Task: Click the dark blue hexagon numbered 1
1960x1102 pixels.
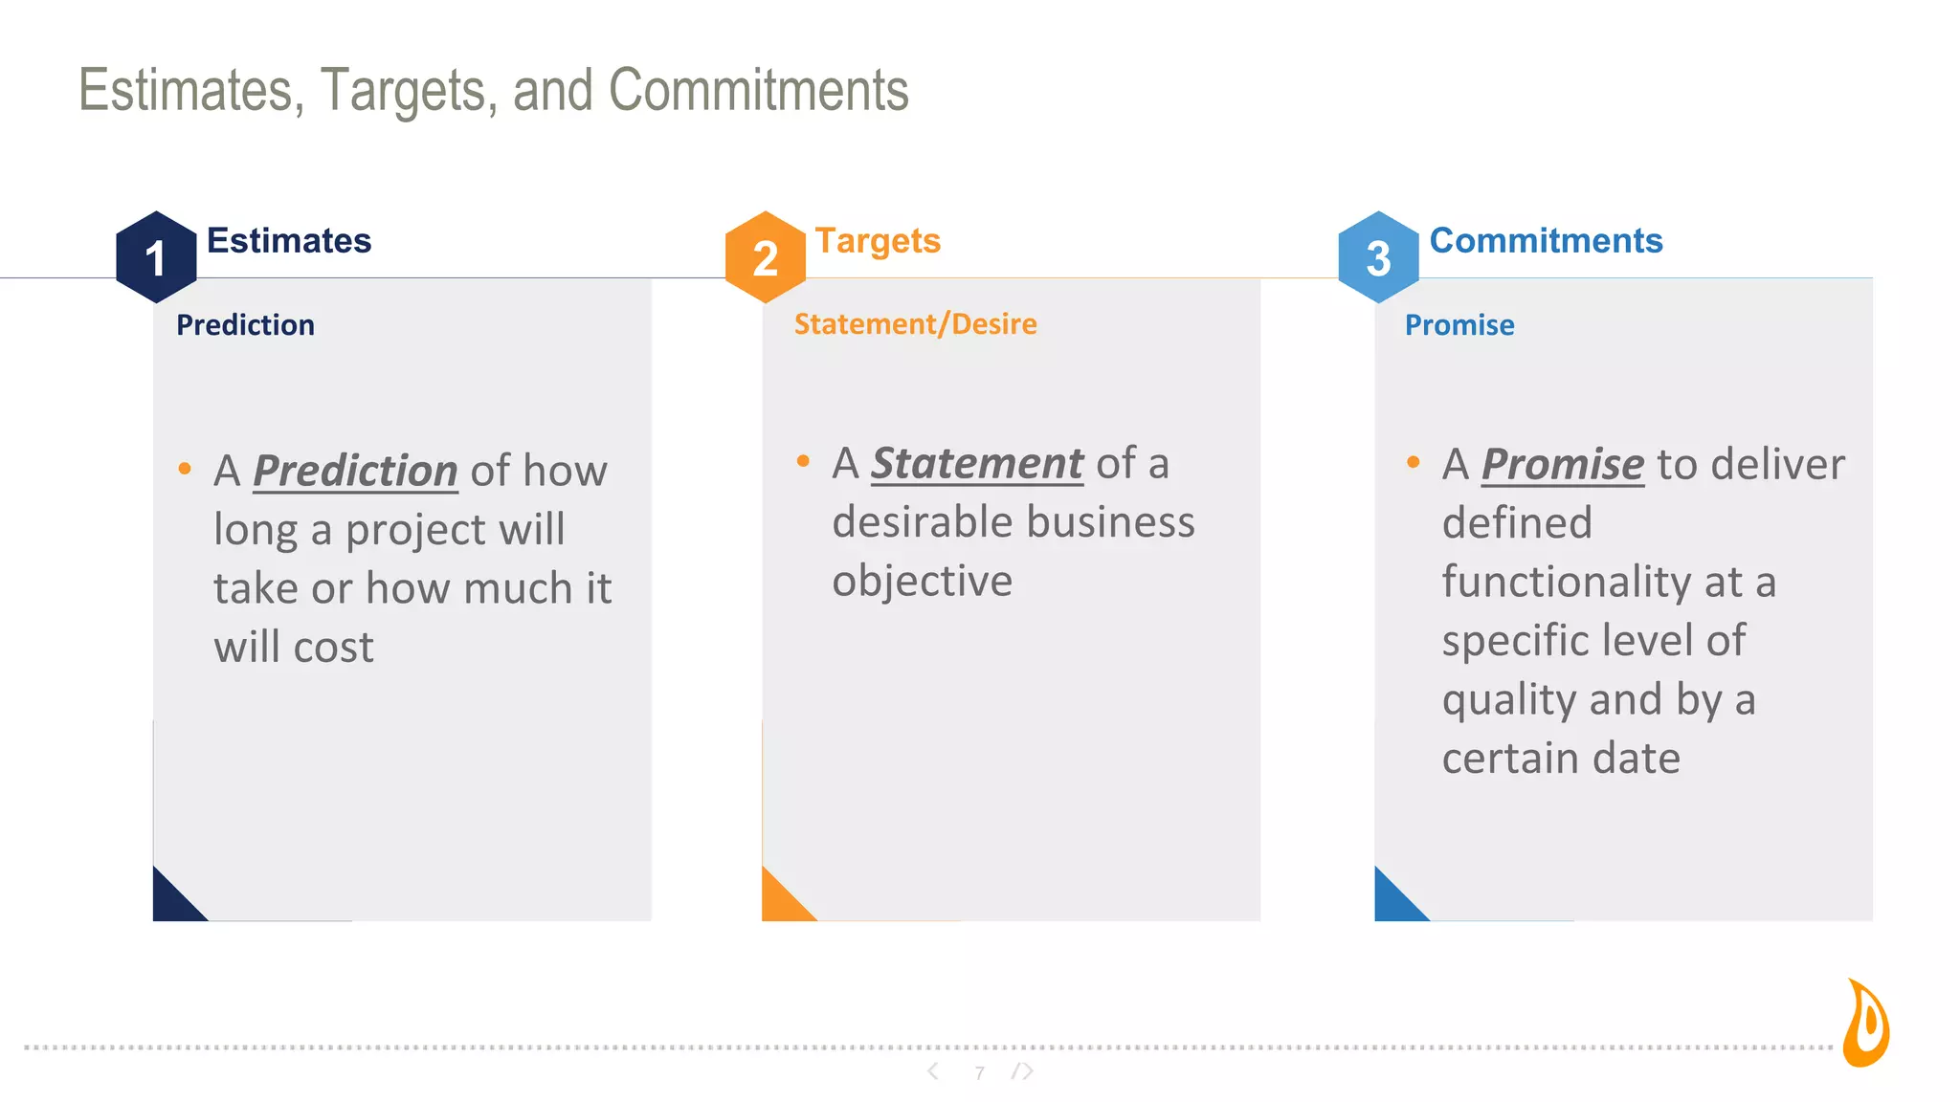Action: click(156, 257)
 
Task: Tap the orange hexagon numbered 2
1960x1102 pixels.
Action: click(765, 257)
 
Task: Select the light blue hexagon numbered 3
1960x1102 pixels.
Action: click(1378, 257)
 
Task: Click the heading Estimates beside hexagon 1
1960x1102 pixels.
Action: click(289, 241)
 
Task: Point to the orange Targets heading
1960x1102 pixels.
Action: click(878, 241)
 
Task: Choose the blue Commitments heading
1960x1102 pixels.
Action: click(1546, 241)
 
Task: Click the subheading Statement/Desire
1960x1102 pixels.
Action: click(915, 324)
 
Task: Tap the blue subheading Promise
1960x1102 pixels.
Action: click(1459, 325)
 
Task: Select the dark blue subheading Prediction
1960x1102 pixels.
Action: click(245, 325)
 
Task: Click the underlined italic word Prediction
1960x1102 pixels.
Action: click(355, 472)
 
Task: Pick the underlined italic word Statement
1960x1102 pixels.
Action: click(976, 464)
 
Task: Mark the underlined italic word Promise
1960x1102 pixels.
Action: click(1562, 465)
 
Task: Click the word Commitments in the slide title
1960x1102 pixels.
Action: click(758, 91)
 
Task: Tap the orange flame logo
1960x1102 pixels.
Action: click(1867, 1024)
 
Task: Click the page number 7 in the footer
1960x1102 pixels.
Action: click(979, 1073)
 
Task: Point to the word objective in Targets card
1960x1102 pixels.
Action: click(922, 582)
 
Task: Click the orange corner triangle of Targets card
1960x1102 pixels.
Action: click(780, 900)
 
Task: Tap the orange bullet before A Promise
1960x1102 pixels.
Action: click(1413, 463)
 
